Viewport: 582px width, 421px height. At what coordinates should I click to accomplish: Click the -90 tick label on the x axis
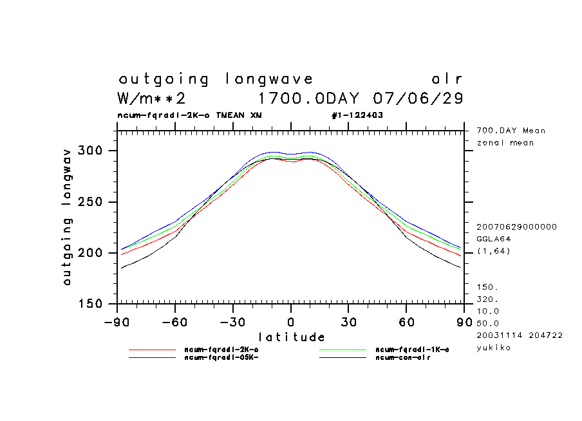point(117,321)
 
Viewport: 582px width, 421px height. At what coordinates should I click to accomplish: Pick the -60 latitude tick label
point(174,321)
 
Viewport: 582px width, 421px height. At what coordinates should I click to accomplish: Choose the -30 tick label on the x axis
point(232,321)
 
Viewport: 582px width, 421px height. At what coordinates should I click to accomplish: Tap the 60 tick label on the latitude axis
point(406,321)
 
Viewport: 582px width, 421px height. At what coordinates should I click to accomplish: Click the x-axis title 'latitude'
point(292,337)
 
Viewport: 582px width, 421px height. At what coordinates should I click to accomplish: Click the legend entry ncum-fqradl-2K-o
point(221,350)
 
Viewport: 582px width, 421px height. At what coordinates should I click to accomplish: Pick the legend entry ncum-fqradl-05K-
point(221,357)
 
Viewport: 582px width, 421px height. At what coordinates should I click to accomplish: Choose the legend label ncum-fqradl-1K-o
point(412,350)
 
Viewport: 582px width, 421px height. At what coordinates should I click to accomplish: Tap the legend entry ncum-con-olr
point(403,357)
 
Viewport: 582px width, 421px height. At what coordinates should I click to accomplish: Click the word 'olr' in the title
point(447,79)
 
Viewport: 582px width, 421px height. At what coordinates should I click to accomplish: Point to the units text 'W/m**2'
point(152,98)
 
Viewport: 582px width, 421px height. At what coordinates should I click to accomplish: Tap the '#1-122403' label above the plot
point(357,115)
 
